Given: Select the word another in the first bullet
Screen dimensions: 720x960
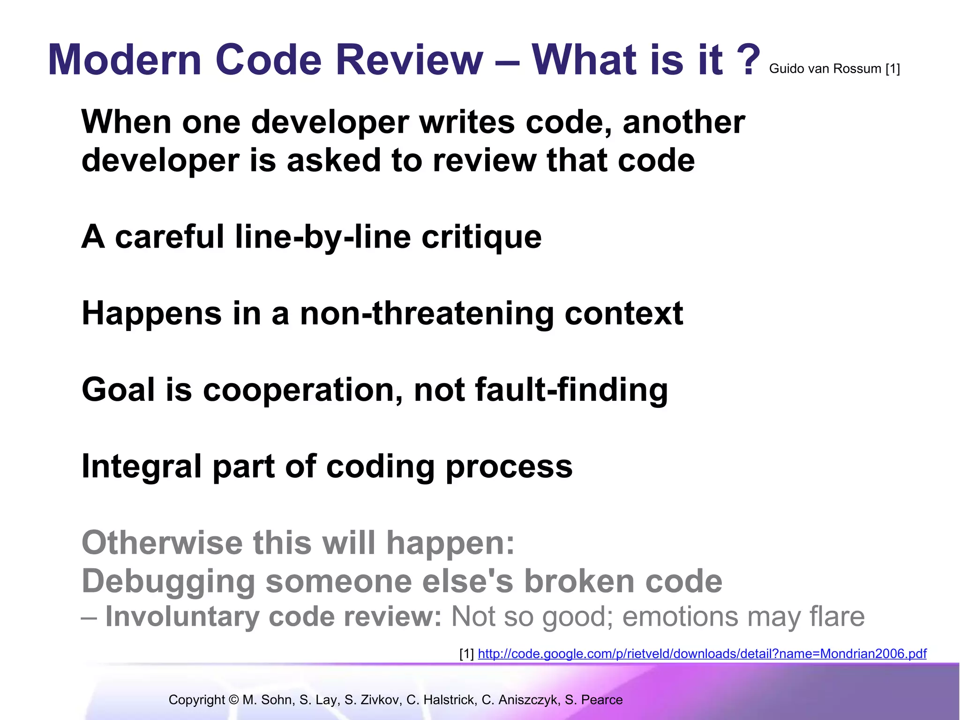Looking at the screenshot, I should pyautogui.click(x=683, y=122).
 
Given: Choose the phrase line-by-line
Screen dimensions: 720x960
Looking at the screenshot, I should pyautogui.click(x=323, y=237).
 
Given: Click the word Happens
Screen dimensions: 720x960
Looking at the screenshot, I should pyautogui.click(x=151, y=314).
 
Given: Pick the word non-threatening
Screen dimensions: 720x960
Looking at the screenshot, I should pyautogui.click(x=427, y=314).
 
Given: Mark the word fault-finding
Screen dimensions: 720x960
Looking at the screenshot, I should pyautogui.click(x=571, y=390).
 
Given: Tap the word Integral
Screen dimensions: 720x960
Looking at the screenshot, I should pyautogui.click(x=142, y=467).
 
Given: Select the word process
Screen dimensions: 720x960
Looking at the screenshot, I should pyautogui.click(x=509, y=467).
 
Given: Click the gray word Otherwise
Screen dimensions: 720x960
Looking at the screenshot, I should pyautogui.click(x=162, y=543).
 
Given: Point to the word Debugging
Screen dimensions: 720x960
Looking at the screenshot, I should pyautogui.click(x=168, y=582).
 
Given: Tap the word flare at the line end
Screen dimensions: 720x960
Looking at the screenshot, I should pyautogui.click(x=837, y=616).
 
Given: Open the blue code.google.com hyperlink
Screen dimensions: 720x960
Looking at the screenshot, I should pyautogui.click(x=702, y=653).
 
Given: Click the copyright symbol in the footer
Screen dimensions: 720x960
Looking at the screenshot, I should pyautogui.click(x=234, y=700).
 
